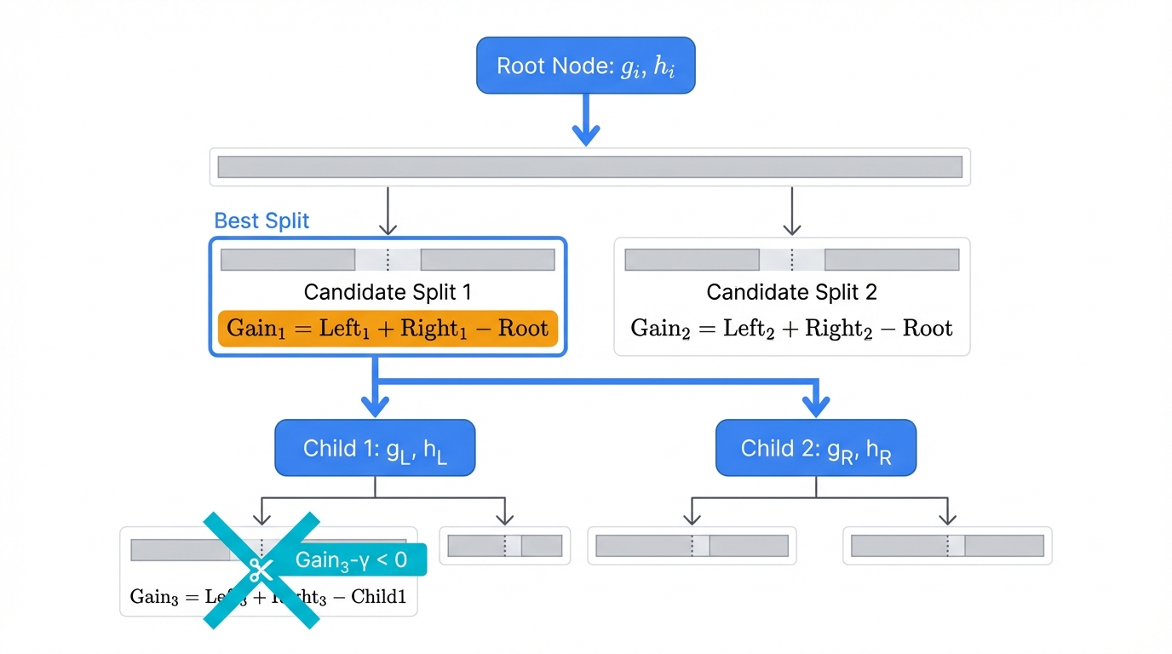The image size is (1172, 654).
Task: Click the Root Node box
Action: pos(585,66)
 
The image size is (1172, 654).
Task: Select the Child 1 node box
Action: pos(375,448)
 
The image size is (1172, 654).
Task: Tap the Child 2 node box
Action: pos(815,448)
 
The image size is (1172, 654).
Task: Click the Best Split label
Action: pos(261,221)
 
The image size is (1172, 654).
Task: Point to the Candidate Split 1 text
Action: pos(388,292)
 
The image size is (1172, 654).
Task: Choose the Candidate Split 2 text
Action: pos(791,292)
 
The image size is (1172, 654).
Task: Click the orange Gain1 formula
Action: pos(388,329)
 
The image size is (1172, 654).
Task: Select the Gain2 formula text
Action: pos(791,329)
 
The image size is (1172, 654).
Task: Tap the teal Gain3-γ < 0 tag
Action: pos(351,559)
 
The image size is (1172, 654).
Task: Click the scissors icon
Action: pos(260,568)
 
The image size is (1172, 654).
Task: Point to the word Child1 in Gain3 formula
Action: pos(378,597)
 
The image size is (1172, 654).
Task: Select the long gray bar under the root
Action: pos(589,167)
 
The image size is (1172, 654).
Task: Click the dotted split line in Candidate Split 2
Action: pos(791,260)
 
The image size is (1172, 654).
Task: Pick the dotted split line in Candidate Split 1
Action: pos(388,260)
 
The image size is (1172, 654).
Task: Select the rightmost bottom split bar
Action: pos(947,546)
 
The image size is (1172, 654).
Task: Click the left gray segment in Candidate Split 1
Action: pos(288,260)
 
